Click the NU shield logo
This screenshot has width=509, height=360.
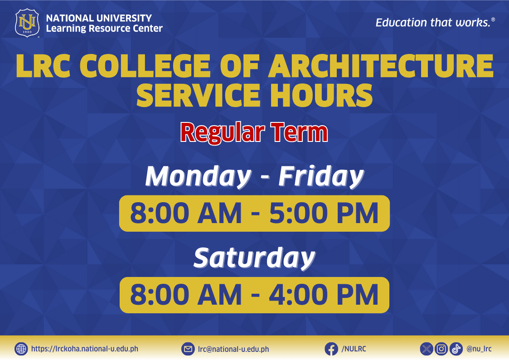point(27,23)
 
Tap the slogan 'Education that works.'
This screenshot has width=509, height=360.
point(435,22)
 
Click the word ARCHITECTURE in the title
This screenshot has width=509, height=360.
point(380,66)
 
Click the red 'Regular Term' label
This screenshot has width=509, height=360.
point(254,132)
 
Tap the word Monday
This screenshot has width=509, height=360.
point(199,176)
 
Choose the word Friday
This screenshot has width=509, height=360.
point(321,176)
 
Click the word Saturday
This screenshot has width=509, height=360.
point(255,258)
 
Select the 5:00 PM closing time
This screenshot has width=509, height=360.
point(324,213)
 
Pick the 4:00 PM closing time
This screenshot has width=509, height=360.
point(324,295)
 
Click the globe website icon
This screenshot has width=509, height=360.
point(21,349)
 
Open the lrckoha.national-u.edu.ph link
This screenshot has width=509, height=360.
point(85,349)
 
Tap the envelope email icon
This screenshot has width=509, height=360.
point(188,349)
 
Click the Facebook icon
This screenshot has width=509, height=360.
point(331,349)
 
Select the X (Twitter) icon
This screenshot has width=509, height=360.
point(427,349)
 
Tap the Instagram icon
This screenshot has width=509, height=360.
point(441,349)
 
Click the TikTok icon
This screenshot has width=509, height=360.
point(456,349)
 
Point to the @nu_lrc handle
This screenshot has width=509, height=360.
point(479,349)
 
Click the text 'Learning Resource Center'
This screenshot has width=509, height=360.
point(104,29)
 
